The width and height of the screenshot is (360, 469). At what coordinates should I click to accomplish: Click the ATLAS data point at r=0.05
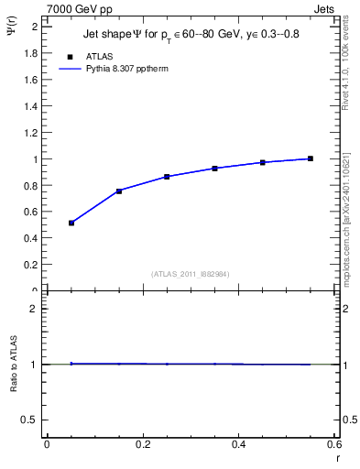coord(71,223)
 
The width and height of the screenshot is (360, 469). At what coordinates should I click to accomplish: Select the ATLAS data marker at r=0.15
coord(119,191)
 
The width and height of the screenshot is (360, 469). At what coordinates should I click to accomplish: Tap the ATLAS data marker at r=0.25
coord(167,176)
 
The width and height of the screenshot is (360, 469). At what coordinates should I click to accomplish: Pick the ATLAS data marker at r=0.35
coord(214,168)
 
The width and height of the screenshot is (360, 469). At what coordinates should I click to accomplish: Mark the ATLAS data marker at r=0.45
coord(263,162)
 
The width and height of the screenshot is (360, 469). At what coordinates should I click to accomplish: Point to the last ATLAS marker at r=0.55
coord(311,158)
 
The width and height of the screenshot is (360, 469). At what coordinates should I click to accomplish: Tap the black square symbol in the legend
coord(71,56)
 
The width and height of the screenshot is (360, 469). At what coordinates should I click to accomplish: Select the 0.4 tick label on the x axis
coord(240,444)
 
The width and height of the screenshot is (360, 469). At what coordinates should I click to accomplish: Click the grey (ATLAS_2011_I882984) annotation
coord(190,274)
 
